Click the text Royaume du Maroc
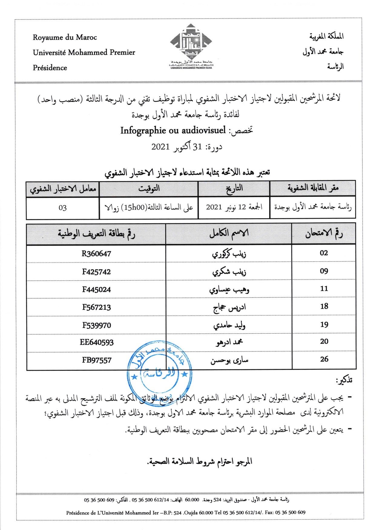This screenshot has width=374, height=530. pyautogui.click(x=65, y=37)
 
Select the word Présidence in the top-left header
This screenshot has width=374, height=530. pyautogui.click(x=50, y=68)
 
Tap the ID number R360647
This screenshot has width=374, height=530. pyautogui.click(x=96, y=254)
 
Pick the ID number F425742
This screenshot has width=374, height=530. pyautogui.click(x=96, y=272)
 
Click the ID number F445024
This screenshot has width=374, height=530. pyautogui.click(x=96, y=289)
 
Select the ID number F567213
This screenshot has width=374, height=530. pyautogui.click(x=96, y=307)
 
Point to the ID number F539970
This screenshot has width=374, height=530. pyautogui.click(x=96, y=325)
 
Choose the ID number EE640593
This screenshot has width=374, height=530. pyautogui.click(x=96, y=342)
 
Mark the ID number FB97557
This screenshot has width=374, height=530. pyautogui.click(x=96, y=360)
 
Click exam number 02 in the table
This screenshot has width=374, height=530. pyautogui.click(x=324, y=253)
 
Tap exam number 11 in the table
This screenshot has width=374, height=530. pyautogui.click(x=324, y=289)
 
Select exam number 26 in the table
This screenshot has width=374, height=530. pyautogui.click(x=324, y=359)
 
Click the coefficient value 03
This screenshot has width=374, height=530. pyautogui.click(x=63, y=208)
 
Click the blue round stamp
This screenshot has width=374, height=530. pyautogui.click(x=159, y=371)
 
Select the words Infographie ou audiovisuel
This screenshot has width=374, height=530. pyautogui.click(x=173, y=131)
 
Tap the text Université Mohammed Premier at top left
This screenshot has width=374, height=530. pyautogui.click(x=84, y=53)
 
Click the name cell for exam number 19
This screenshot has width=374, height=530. pyautogui.click(x=229, y=325)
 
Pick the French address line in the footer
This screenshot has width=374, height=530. pyautogui.click(x=185, y=512)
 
